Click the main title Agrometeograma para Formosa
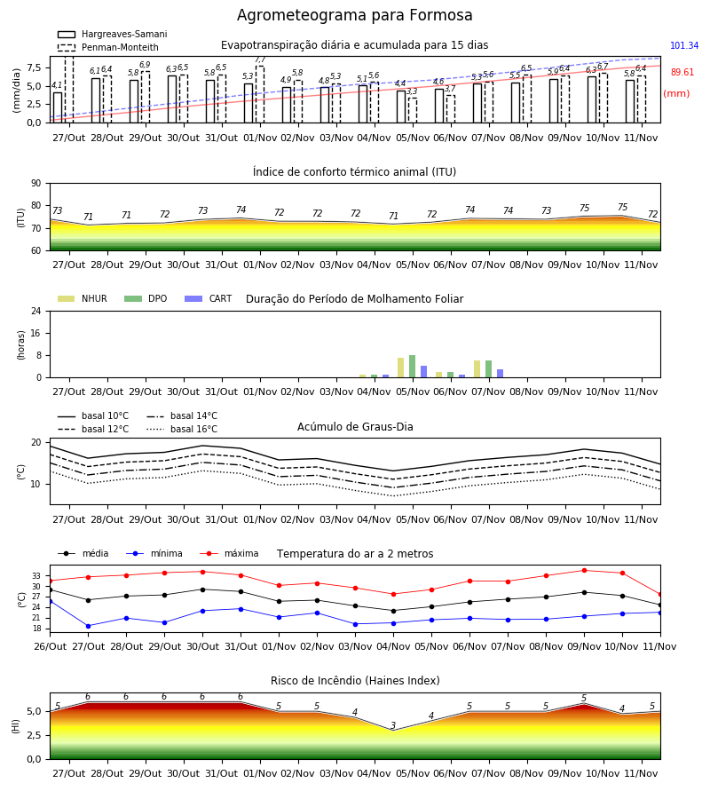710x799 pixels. point(354,15)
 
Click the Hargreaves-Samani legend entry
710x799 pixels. point(112,34)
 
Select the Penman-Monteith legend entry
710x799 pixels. point(108,47)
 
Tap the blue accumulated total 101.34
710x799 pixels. point(684,45)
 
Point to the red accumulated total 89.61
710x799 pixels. point(682,72)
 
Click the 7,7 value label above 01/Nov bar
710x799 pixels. point(260,59)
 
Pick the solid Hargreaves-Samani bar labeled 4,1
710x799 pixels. point(58,107)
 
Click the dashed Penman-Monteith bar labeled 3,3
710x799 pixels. point(413,110)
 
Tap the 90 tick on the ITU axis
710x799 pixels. point(36,184)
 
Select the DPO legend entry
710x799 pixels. point(146,298)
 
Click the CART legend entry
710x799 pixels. point(208,298)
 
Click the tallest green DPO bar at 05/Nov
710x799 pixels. point(412,367)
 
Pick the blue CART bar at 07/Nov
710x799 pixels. point(501,374)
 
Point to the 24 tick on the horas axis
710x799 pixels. point(36,311)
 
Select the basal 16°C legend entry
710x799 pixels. point(182,429)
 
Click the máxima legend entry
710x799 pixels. point(229,553)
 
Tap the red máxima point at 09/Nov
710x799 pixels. point(584,570)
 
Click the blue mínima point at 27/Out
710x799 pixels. point(88,626)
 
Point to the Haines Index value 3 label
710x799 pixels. point(393,725)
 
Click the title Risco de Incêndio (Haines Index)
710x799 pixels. point(355,681)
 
